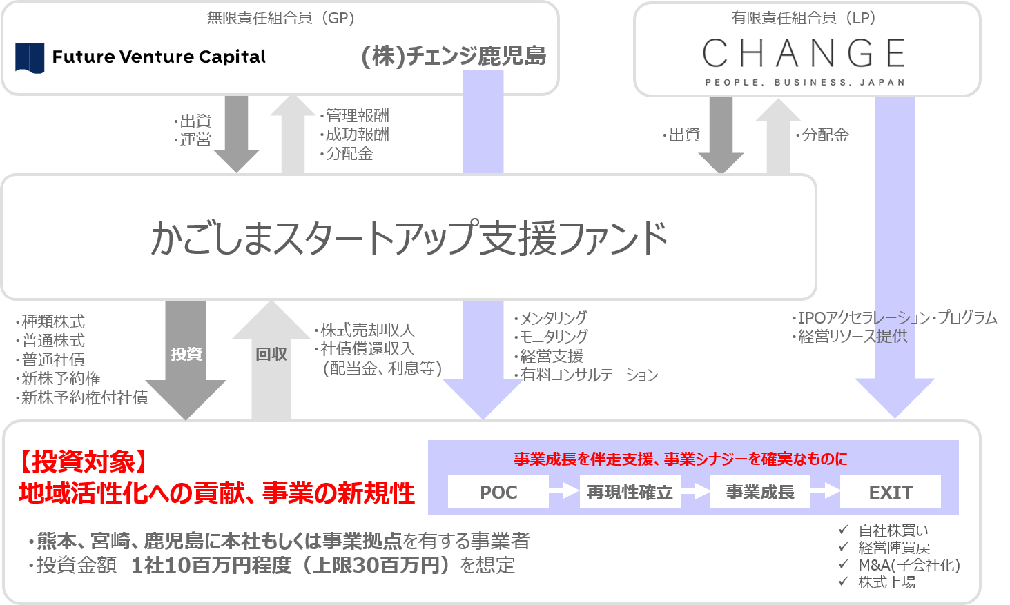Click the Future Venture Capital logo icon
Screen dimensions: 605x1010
click(30, 57)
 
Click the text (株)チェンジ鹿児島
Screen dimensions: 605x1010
click(453, 56)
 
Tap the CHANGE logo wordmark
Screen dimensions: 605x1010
click(804, 54)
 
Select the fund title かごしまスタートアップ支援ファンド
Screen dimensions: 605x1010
click(409, 237)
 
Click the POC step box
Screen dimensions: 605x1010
click(498, 492)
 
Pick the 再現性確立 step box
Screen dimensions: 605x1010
click(630, 492)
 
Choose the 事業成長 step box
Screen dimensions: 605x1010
click(760, 492)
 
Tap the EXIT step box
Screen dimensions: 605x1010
click(891, 492)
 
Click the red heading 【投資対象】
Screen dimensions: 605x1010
click(83, 462)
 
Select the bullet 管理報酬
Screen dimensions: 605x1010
click(357, 115)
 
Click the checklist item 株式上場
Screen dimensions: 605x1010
click(886, 582)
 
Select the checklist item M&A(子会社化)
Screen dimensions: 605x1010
click(909, 565)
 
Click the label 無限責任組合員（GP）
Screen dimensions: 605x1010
click(280, 18)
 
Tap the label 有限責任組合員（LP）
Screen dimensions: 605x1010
click(804, 18)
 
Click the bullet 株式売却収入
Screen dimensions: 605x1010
click(367, 330)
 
